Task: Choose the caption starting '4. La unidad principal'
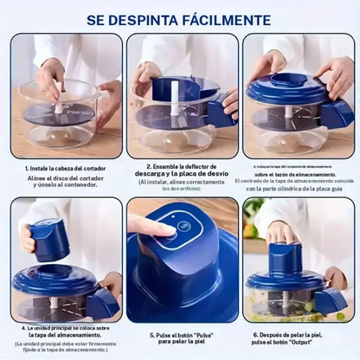click(65, 329)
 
